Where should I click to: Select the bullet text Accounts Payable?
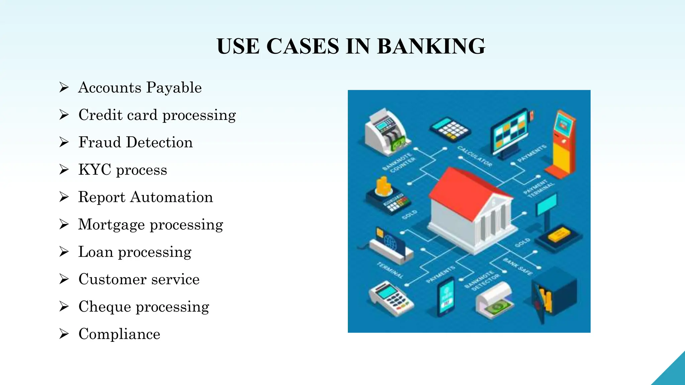140,88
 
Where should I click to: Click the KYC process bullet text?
122,170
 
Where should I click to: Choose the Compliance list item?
119,334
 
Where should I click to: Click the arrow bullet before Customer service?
64,279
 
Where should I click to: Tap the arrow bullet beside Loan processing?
64,252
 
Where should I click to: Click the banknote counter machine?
386,132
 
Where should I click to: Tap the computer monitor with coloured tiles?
510,132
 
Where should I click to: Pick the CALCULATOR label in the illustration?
475,156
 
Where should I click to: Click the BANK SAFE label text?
517,267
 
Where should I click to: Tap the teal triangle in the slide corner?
672,373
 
